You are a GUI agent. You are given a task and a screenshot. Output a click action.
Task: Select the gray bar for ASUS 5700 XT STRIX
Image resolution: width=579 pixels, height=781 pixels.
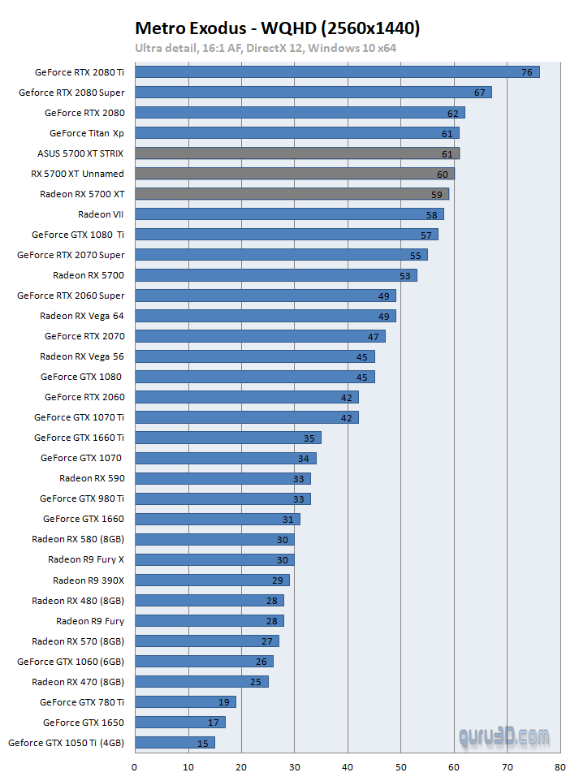pos(296,153)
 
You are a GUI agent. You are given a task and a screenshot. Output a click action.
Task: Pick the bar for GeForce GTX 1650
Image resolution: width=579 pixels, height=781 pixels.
pos(179,722)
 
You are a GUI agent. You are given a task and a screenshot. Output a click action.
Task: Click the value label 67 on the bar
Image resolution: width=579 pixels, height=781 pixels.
pos(479,93)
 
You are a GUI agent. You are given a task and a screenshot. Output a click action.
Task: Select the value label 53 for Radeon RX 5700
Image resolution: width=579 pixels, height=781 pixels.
pos(404,275)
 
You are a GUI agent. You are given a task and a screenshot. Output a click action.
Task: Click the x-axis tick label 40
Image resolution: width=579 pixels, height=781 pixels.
pos(348,766)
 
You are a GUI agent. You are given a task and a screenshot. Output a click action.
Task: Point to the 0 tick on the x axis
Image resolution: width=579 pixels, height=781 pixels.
pos(134,766)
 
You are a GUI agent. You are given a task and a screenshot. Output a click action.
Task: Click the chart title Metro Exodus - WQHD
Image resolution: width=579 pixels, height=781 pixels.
pos(277,29)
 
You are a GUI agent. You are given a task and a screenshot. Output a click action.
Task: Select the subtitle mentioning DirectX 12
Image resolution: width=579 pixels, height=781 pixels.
pos(266,48)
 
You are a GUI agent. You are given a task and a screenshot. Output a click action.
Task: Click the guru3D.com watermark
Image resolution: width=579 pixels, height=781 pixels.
pos(503,737)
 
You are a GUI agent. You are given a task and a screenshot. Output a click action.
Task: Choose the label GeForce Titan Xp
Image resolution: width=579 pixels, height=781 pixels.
pos(87,133)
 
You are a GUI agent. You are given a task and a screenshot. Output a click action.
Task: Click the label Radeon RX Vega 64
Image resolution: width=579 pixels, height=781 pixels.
pos(82,316)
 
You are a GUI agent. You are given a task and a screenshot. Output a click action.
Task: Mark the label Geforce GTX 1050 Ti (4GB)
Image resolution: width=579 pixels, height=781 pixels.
pos(67,742)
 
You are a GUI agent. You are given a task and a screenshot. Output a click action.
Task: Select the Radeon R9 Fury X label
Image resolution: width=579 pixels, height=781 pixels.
pos(86,559)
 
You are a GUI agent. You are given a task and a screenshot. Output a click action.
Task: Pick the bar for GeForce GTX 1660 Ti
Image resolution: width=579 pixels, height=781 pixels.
pos(227,438)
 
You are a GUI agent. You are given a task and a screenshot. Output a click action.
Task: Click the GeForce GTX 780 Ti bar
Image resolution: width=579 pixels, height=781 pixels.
pos(185,701)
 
